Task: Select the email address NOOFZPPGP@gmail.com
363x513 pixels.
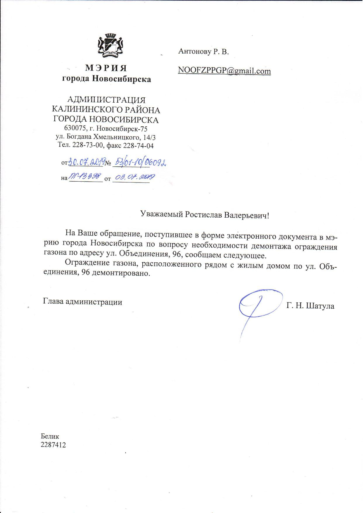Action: pos(224,71)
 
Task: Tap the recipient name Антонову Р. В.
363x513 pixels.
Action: pos(203,52)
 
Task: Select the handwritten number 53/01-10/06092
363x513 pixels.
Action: pos(139,163)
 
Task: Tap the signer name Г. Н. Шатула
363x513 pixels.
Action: pos(310,306)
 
